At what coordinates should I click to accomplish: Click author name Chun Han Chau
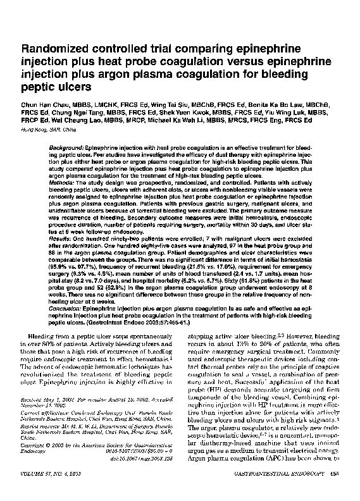[x=47, y=102]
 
